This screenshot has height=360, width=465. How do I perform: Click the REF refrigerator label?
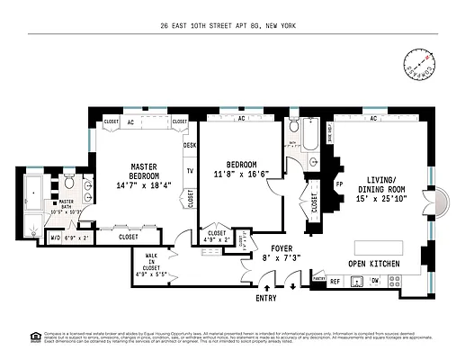334,282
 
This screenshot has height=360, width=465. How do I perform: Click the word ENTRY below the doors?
266,298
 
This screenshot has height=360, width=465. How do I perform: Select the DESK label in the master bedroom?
190,145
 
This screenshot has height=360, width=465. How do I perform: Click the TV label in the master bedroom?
190,170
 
